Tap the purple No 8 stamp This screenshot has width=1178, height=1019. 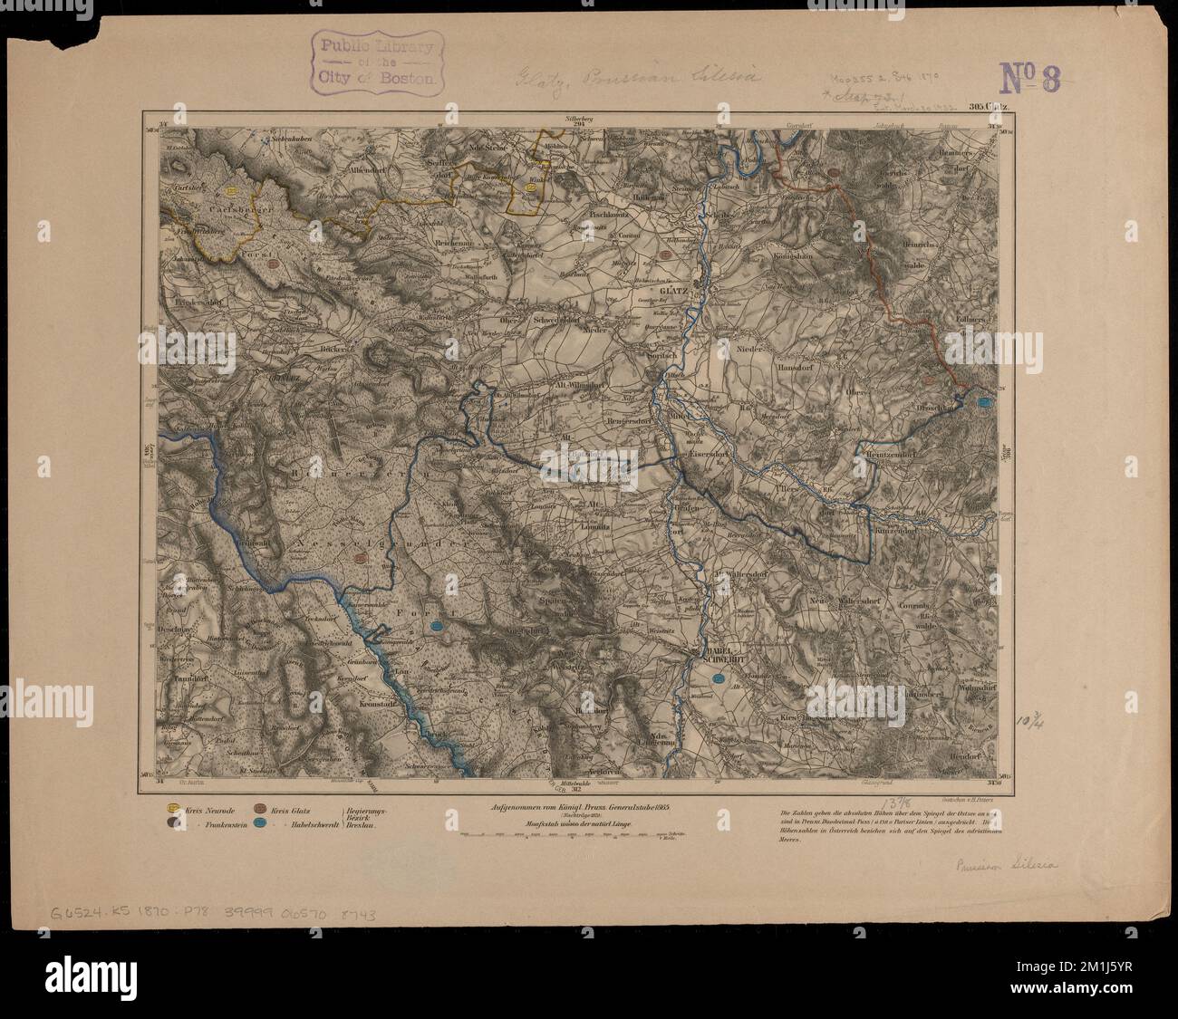1029,79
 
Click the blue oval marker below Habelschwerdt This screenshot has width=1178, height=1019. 719,676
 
